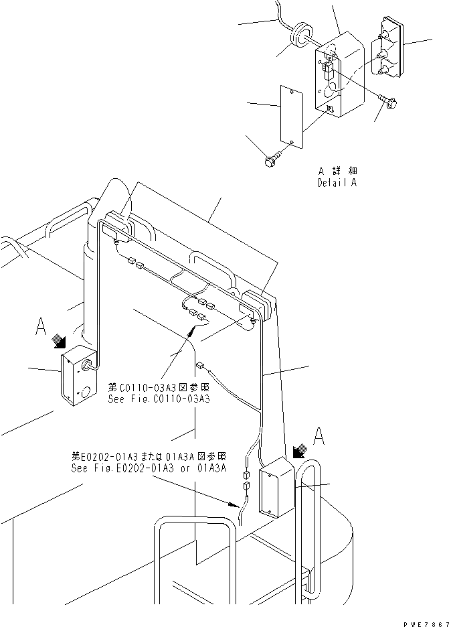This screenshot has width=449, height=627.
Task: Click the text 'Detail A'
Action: pyautogui.click(x=337, y=182)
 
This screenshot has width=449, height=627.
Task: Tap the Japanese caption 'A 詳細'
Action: pyautogui.click(x=337, y=171)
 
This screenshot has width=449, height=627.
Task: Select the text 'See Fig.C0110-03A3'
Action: pyautogui.click(x=159, y=399)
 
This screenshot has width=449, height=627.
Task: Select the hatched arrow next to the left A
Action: pyautogui.click(x=59, y=342)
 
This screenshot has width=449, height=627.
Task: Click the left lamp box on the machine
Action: pyautogui.click(x=78, y=374)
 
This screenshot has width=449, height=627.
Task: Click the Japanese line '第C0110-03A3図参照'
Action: pyautogui.click(x=158, y=388)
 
